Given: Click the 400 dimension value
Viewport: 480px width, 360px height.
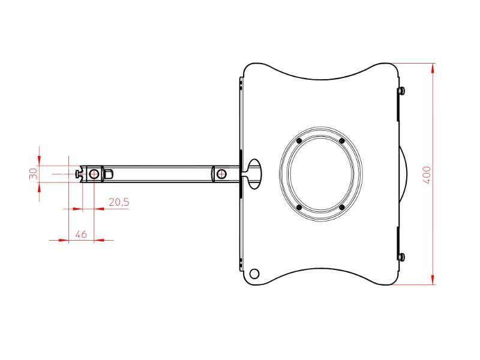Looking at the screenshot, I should point(427,175).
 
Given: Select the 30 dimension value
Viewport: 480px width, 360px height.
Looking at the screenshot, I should point(34,173).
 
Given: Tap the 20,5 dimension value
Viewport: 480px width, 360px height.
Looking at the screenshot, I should point(118,203).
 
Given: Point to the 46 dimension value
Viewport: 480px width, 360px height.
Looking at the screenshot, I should point(81,234).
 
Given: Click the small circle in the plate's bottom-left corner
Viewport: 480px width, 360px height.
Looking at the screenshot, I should point(254,274).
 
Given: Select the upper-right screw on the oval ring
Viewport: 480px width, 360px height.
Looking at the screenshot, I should point(341,141).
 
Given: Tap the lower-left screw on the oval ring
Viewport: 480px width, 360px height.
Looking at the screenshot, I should point(299,208).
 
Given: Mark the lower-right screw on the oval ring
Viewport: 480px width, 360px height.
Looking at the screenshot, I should point(341,208).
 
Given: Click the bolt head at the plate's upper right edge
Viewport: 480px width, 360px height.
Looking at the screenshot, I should point(402,91).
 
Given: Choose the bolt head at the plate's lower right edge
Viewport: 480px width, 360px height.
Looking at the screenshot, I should point(402,257).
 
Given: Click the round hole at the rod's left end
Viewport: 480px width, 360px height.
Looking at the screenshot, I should point(94,174).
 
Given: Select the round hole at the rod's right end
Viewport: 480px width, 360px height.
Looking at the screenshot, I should point(222,174).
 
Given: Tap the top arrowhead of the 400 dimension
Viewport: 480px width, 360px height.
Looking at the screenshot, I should point(433,67).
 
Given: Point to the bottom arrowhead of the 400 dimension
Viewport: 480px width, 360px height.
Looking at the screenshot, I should point(433,281).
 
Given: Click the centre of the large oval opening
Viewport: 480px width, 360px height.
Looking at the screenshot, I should point(320,174).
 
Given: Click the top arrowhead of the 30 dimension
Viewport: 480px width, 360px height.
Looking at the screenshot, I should point(39,161).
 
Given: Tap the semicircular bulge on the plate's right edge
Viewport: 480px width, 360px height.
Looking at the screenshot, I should point(404,174).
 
